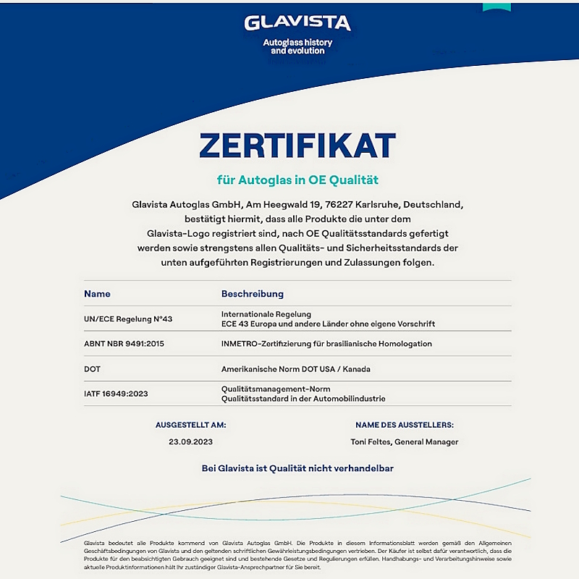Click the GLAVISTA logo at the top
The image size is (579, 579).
297,22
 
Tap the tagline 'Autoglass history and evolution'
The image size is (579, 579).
297,47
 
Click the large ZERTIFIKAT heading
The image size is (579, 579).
297,145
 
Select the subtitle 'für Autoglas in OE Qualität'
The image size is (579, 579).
297,179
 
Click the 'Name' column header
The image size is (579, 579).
97,294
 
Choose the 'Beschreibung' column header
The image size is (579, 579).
252,294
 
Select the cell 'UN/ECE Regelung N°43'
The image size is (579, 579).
128,318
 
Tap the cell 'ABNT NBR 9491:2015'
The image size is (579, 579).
124,343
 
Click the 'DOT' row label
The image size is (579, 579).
92,368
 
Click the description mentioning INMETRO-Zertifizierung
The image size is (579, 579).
326,343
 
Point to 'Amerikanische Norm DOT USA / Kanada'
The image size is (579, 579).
295,368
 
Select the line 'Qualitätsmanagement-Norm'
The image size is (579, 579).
276,389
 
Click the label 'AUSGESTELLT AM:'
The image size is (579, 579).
190,425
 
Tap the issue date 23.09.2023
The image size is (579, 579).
190,441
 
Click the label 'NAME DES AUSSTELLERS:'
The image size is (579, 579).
405,425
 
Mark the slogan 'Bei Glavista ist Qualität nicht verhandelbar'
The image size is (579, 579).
297,468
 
